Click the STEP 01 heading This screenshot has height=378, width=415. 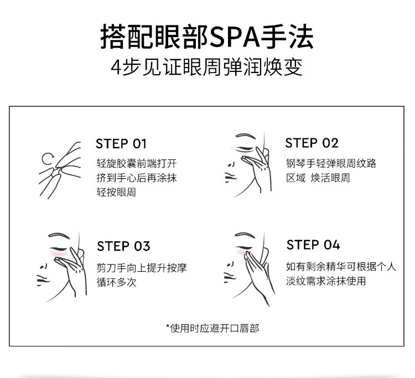(121, 144)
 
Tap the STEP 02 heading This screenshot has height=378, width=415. (312, 143)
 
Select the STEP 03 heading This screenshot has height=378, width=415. (123, 246)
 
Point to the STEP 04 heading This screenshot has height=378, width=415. (313, 245)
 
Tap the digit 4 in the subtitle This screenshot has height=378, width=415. (116, 68)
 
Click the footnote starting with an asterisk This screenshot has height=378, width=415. (212, 328)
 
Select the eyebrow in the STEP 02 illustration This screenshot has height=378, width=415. (245, 136)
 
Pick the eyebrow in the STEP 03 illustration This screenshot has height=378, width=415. (59, 235)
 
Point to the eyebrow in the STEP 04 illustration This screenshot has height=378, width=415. (245, 235)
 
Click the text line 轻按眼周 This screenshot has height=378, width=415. (116, 192)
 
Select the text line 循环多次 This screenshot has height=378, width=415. (116, 282)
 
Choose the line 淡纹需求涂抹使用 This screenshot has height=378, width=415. (326, 281)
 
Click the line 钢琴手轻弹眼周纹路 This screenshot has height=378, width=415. (331, 163)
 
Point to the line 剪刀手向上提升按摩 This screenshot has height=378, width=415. (142, 268)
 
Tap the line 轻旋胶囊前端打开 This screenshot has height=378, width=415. (137, 163)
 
